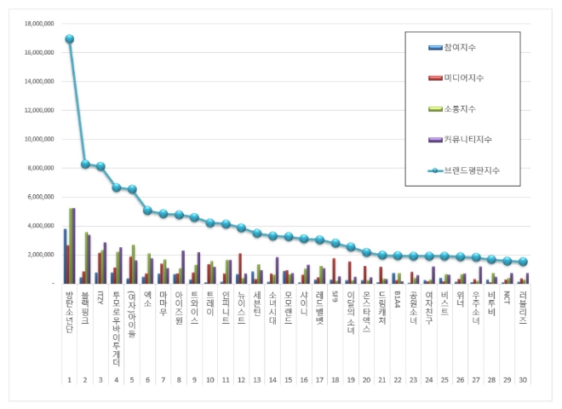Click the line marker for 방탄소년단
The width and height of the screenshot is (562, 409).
pyautogui.click(x=69, y=38)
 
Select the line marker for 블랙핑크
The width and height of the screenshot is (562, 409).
pyautogui.click(x=85, y=164)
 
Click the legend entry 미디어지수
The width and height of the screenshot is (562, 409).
pyautogui.click(x=464, y=78)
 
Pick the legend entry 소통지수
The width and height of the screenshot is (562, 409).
pyautogui.click(x=460, y=107)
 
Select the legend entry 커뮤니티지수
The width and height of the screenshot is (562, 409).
pyautogui.click(x=467, y=138)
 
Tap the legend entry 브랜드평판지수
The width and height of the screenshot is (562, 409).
pyautogui.click(x=470, y=170)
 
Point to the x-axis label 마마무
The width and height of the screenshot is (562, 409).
pyautogui.click(x=163, y=304)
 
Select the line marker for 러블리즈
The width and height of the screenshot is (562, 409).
pyautogui.click(x=522, y=262)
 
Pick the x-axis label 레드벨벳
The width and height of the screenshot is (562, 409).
pyautogui.click(x=318, y=308)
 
